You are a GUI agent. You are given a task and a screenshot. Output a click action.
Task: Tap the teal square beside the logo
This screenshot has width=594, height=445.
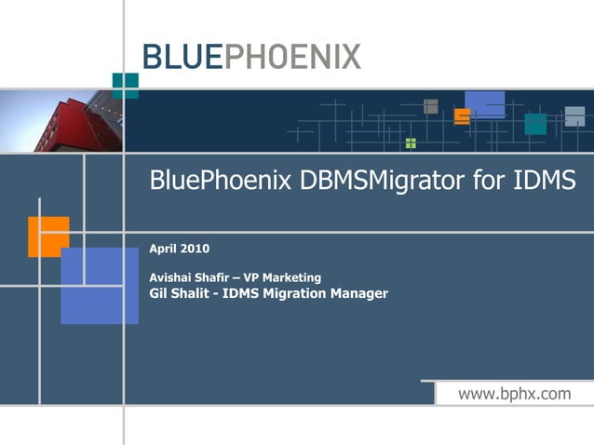(125, 85)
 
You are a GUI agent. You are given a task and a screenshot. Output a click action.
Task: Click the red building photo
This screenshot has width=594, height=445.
(61, 121)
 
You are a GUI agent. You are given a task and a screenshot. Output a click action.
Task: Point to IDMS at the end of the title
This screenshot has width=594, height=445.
(545, 181)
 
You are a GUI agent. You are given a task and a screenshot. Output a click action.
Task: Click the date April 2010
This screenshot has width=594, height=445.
(179, 249)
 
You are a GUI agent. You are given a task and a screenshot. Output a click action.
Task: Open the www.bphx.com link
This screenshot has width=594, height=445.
(514, 394)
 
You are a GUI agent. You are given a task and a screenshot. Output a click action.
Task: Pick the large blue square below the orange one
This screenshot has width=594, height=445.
(100, 285)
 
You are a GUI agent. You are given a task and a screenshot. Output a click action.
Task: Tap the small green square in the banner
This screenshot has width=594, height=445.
(411, 143)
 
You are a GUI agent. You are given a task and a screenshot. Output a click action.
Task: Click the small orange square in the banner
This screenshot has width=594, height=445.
(462, 116)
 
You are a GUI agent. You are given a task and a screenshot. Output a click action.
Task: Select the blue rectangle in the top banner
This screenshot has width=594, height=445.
(485, 103)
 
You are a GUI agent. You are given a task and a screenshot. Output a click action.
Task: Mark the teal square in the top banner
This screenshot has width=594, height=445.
(535, 124)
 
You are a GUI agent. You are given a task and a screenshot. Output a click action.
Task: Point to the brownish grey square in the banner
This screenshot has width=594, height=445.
(430, 106)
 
